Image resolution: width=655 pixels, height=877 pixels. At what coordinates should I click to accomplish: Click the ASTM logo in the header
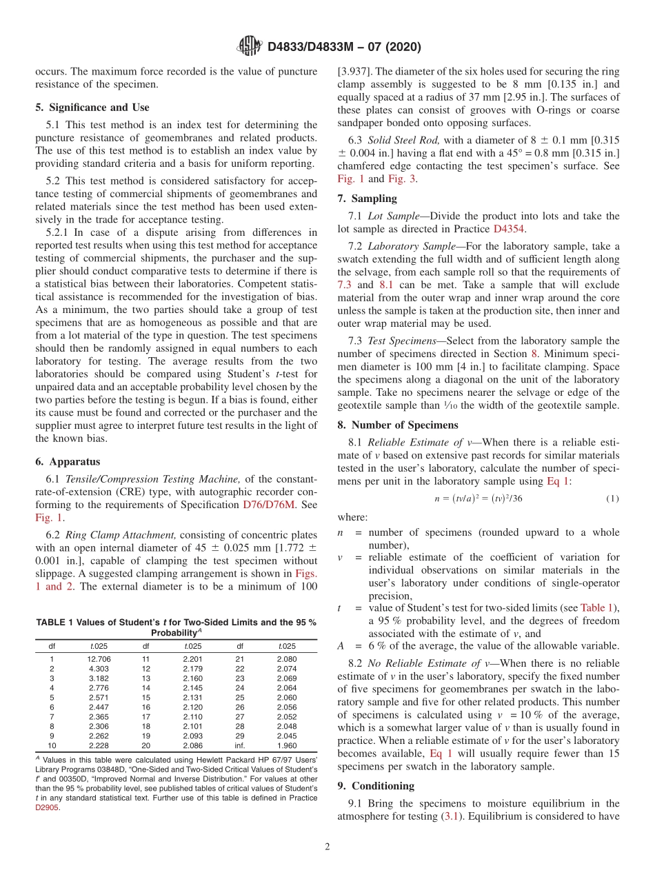[249, 46]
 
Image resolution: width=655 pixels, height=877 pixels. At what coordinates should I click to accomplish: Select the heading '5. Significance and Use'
[92, 108]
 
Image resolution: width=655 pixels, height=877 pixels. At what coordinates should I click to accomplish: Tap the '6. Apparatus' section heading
[68, 462]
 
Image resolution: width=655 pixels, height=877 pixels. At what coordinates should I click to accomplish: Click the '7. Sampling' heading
[367, 199]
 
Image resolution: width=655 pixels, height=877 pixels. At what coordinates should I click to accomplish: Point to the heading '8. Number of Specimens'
[397, 425]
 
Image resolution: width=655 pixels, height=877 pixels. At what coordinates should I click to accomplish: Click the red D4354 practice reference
[507, 229]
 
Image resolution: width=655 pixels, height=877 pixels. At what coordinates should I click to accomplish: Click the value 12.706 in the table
[99, 658]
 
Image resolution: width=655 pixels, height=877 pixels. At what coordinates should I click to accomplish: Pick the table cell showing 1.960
[286, 745]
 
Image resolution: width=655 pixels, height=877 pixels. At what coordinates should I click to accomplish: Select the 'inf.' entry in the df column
[240, 745]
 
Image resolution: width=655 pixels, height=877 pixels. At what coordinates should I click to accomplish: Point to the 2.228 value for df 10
[99, 745]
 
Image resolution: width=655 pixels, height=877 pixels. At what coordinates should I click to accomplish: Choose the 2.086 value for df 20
[193, 745]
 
